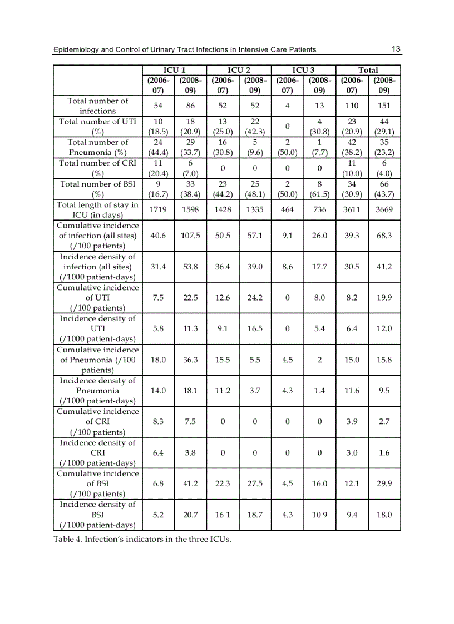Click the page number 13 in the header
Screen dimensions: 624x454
(396, 49)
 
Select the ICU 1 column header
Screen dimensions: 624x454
(174, 70)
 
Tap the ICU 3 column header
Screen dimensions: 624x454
(303, 70)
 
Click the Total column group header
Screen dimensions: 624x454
(368, 70)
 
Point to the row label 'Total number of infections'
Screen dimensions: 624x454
(97, 106)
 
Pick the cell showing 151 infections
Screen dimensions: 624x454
(383, 106)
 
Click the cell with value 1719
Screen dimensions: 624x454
(158, 209)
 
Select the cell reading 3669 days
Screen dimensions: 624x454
(383, 209)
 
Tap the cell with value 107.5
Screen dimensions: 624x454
(190, 236)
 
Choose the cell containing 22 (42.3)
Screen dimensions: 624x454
(255, 126)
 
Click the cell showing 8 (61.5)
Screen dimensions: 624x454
(319, 188)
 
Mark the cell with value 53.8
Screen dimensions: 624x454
(190, 267)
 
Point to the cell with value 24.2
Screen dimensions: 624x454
(255, 297)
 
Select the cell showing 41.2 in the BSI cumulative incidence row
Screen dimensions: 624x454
(190, 483)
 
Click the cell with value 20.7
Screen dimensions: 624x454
(190, 515)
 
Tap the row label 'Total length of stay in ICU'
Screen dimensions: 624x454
(97, 209)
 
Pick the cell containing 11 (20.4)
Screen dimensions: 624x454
(158, 168)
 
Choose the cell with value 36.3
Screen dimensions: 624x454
(190, 360)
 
